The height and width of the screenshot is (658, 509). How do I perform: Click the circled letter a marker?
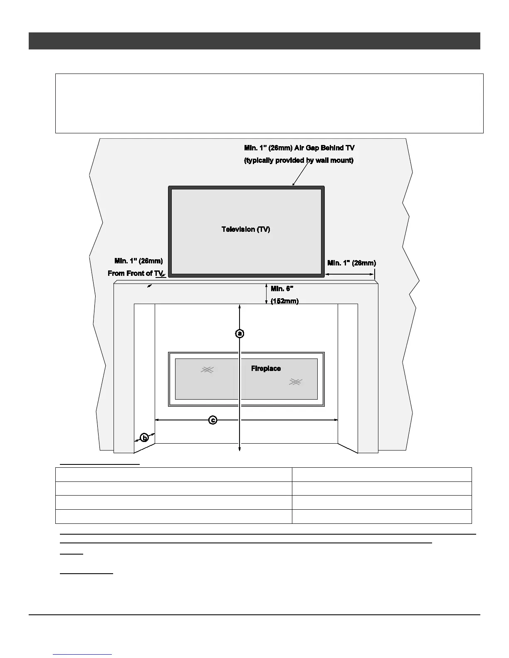240,333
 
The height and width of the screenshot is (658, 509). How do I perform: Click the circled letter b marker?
144,437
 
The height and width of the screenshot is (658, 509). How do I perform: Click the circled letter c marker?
212,420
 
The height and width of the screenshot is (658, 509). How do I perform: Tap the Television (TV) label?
246,229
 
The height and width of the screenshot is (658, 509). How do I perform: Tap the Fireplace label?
266,368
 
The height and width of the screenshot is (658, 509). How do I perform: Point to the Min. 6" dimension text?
282,289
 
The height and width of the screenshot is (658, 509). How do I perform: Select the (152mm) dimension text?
284,301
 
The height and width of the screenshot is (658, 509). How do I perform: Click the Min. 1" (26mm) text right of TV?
351,263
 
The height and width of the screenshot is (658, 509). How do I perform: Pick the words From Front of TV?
136,273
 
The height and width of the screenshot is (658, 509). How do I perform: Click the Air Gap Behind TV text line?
299,148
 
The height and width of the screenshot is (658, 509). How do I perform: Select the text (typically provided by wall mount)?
299,160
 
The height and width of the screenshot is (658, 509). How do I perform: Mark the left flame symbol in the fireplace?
207,369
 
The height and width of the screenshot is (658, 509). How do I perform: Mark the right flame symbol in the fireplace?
295,382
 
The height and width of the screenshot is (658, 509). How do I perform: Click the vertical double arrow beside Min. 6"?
267,294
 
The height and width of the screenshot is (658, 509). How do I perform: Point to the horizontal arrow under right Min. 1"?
349,274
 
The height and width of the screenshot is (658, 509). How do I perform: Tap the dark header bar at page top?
254,41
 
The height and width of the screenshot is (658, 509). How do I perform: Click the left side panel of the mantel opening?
144,374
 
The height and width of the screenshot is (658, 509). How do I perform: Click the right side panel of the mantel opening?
348,374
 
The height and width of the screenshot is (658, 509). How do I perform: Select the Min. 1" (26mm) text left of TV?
138,261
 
